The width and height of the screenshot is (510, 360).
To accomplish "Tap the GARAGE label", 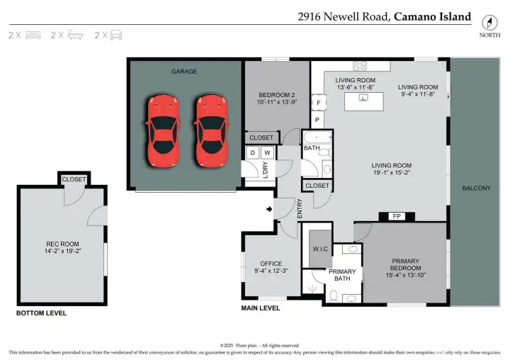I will pyautogui.click(x=183, y=72).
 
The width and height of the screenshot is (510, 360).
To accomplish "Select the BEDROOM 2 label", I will pyautogui.click(x=277, y=95).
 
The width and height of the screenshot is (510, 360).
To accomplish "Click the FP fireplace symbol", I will pyautogui.click(x=392, y=217).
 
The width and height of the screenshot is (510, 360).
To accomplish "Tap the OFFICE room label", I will pyautogui.click(x=271, y=264).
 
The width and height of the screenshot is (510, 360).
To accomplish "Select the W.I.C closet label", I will pyautogui.click(x=320, y=249).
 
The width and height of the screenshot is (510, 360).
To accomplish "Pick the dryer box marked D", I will pyautogui.click(x=254, y=152).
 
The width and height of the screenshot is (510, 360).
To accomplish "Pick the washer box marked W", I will pyautogui.click(x=267, y=152).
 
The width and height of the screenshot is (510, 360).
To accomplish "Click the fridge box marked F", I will pyautogui.click(x=319, y=103).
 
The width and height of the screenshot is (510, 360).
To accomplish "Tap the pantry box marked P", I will pyautogui.click(x=317, y=120).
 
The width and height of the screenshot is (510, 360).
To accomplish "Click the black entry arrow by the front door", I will pyautogui.click(x=268, y=209).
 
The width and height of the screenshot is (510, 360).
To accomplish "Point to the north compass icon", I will pyautogui.click(x=487, y=21).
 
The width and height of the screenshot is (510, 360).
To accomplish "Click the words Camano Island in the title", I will pyautogui.click(x=432, y=16).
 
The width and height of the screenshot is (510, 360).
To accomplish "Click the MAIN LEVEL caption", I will pyautogui.click(x=261, y=308).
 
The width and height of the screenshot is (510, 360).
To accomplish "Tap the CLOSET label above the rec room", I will pyautogui.click(x=74, y=179).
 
